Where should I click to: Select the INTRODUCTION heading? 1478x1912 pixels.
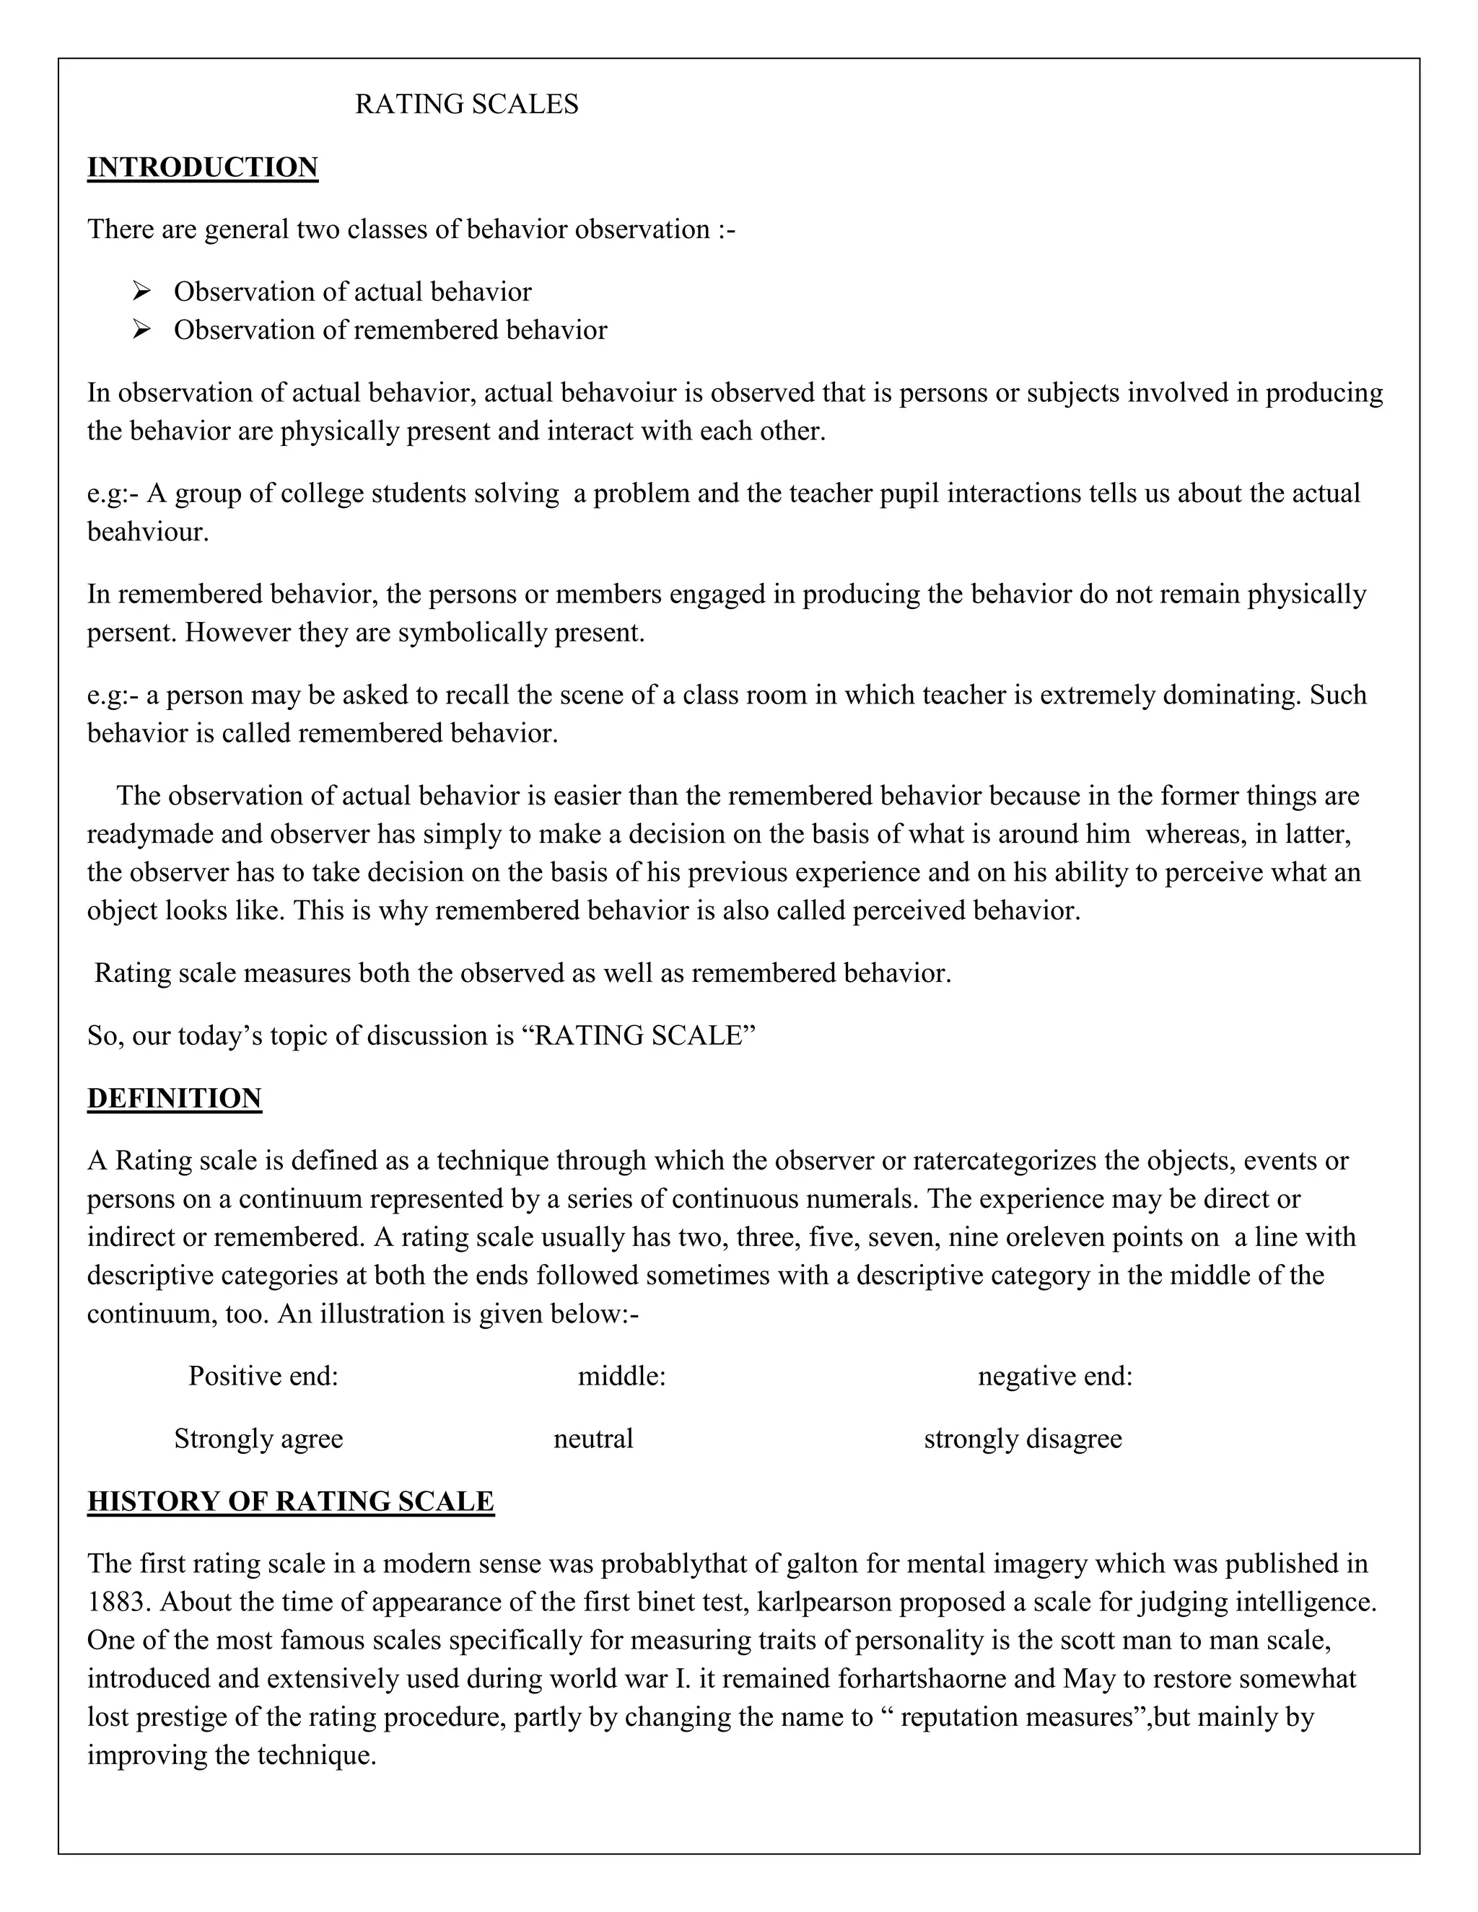click(202, 167)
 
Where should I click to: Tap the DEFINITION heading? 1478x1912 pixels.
click(174, 1098)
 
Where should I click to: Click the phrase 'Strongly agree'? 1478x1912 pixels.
click(258, 1439)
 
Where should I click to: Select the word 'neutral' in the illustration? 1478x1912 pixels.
click(592, 1439)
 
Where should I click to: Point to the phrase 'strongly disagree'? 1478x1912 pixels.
click(1023, 1439)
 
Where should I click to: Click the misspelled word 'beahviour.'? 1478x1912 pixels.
click(148, 532)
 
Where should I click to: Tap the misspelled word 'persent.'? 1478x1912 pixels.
click(132, 632)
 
